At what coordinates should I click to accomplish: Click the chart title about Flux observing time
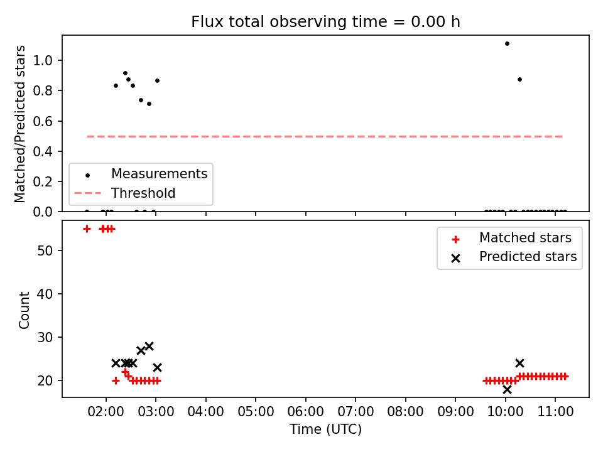click(325, 22)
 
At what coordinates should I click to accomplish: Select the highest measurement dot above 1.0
click(507, 43)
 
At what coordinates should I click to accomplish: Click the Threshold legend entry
click(124, 193)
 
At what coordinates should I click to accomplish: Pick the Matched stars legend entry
click(511, 239)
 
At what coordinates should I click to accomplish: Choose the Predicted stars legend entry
click(514, 257)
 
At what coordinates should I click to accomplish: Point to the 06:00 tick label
click(306, 412)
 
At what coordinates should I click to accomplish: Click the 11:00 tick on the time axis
click(555, 412)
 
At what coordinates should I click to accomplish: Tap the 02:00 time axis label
click(106, 412)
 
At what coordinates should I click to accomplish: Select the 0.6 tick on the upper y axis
click(43, 121)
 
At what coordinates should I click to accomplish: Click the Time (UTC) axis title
click(325, 429)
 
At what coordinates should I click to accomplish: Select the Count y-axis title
click(24, 309)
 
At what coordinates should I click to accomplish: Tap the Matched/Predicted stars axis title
click(19, 124)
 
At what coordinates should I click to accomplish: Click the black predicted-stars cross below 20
click(507, 389)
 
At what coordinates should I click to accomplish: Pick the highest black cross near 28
click(149, 346)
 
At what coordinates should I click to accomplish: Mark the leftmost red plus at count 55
click(87, 229)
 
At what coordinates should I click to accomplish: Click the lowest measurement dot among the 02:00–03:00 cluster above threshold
click(149, 104)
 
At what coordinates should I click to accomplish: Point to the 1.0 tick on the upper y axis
click(43, 60)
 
